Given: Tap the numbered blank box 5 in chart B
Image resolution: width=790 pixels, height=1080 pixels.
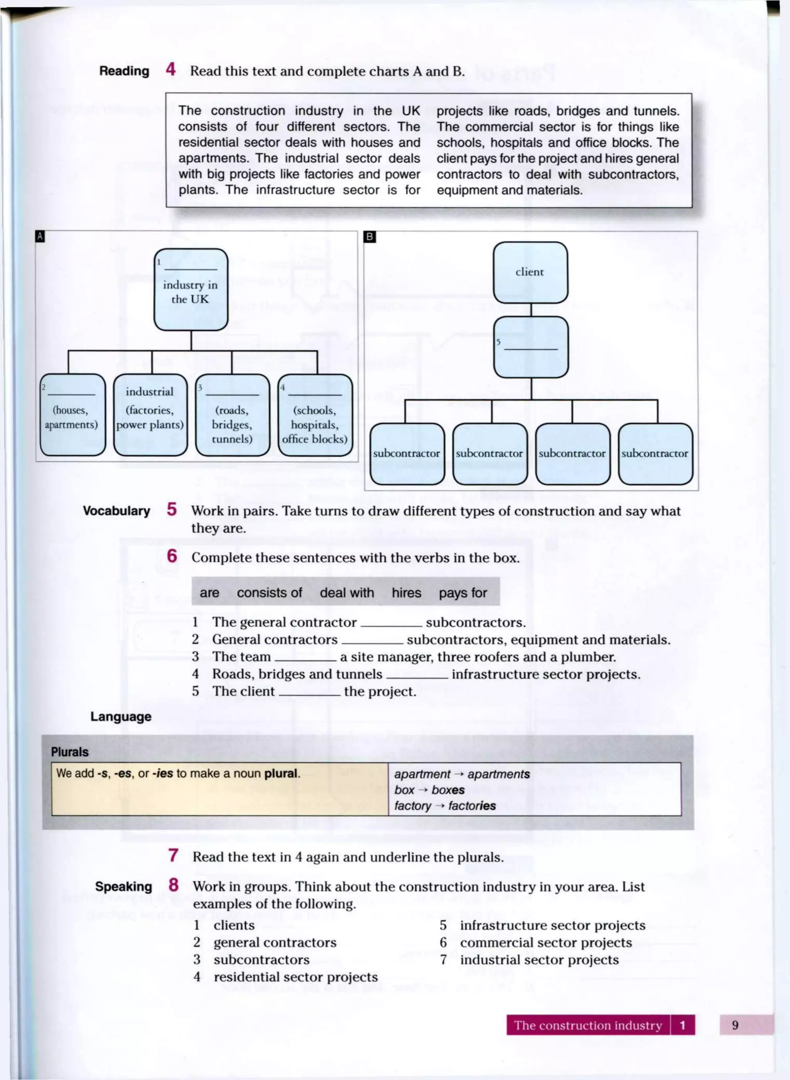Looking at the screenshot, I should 531,347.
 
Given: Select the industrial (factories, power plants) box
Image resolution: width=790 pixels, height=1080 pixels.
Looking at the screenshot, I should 150,415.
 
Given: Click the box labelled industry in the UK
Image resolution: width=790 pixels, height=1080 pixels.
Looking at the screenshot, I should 191,290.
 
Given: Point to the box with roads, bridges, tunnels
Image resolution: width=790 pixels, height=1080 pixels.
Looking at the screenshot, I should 232,415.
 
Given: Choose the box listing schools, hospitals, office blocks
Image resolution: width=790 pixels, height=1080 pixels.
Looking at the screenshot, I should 315,415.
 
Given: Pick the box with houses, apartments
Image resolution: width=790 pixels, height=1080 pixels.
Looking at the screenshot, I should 72,415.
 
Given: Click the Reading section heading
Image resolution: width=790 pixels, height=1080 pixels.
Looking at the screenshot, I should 124,71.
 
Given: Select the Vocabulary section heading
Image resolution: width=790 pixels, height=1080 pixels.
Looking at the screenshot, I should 116,511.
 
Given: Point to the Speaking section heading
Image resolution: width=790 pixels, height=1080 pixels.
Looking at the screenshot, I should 123,886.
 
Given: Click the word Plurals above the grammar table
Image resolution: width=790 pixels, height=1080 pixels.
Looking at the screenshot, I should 70,752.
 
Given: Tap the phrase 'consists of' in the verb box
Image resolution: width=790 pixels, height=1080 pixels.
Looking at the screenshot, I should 269,593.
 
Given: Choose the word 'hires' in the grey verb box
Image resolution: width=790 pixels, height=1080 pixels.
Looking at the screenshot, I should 406,593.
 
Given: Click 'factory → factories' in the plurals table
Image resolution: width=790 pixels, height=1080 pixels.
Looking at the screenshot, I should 445,806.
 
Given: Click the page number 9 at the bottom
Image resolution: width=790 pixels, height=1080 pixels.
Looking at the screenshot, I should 734,1025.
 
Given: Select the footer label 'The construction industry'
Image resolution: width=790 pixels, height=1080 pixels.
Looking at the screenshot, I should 588,1025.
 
